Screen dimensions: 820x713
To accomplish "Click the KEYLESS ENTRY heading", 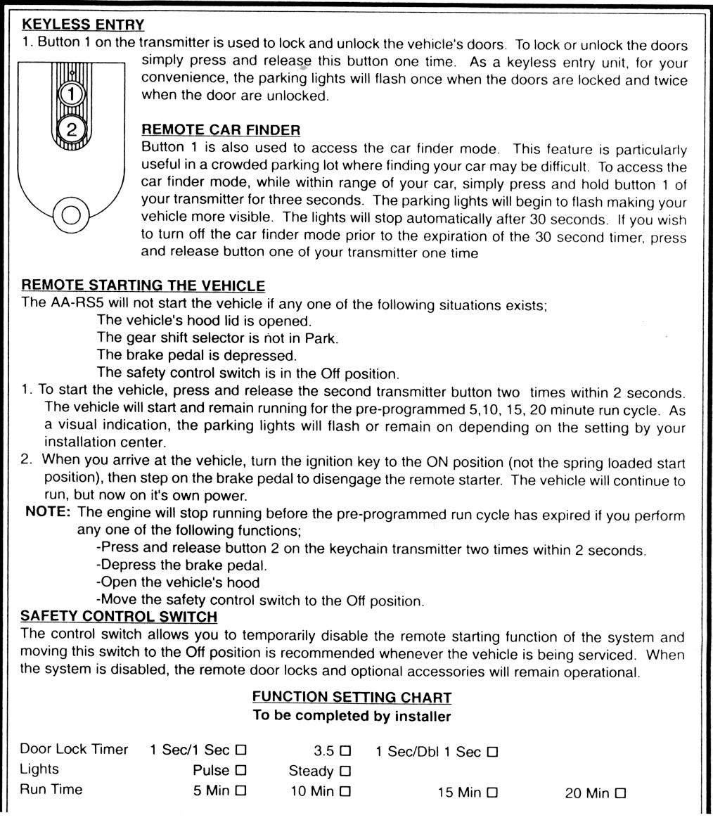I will pyautogui.click(x=83, y=25).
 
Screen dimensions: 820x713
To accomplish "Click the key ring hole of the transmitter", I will pyautogui.click(x=70, y=216).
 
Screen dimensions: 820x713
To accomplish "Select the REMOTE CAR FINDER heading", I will pyautogui.click(x=221, y=130).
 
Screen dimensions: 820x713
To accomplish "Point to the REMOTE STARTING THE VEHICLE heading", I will pyautogui.click(x=143, y=286).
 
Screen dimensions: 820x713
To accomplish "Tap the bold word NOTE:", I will pyautogui.click(x=48, y=515).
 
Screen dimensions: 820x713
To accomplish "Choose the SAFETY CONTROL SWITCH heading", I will pyautogui.click(x=120, y=617).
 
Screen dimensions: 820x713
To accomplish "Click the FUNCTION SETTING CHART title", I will pyautogui.click(x=352, y=698).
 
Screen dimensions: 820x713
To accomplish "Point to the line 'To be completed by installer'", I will pyautogui.click(x=352, y=716).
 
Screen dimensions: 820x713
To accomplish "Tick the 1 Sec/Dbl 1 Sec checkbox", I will pyautogui.click(x=492, y=752).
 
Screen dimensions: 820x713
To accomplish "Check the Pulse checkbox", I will pyautogui.click(x=241, y=771).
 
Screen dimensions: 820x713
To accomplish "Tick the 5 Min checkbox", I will pyautogui.click(x=241, y=791).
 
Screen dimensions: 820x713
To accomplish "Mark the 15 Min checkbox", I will pyautogui.click(x=492, y=793).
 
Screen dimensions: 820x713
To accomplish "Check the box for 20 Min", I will pyautogui.click(x=620, y=793).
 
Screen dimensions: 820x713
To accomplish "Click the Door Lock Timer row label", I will pyautogui.click(x=74, y=750).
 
